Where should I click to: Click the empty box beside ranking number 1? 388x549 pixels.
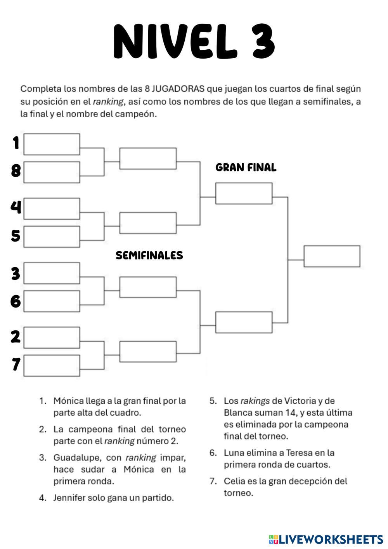tap(52, 144)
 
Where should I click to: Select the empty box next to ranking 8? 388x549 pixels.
tap(52, 172)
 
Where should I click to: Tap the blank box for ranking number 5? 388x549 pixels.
tap(52, 236)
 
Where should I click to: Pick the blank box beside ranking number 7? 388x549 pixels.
tap(52, 365)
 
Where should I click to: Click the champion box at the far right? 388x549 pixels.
tap(332, 256)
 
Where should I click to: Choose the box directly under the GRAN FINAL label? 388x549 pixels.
tap(244, 193)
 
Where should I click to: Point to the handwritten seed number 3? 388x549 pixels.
tap(16, 273)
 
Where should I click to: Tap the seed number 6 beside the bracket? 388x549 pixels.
tap(16, 301)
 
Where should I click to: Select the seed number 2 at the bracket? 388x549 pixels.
tap(16, 336)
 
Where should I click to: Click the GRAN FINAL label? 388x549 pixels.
tap(246, 167)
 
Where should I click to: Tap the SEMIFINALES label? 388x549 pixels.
tap(149, 255)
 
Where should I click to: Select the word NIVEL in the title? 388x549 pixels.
tap(175, 42)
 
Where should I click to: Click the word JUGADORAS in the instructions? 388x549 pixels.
tap(178, 89)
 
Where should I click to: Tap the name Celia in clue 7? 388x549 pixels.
tap(234, 481)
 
